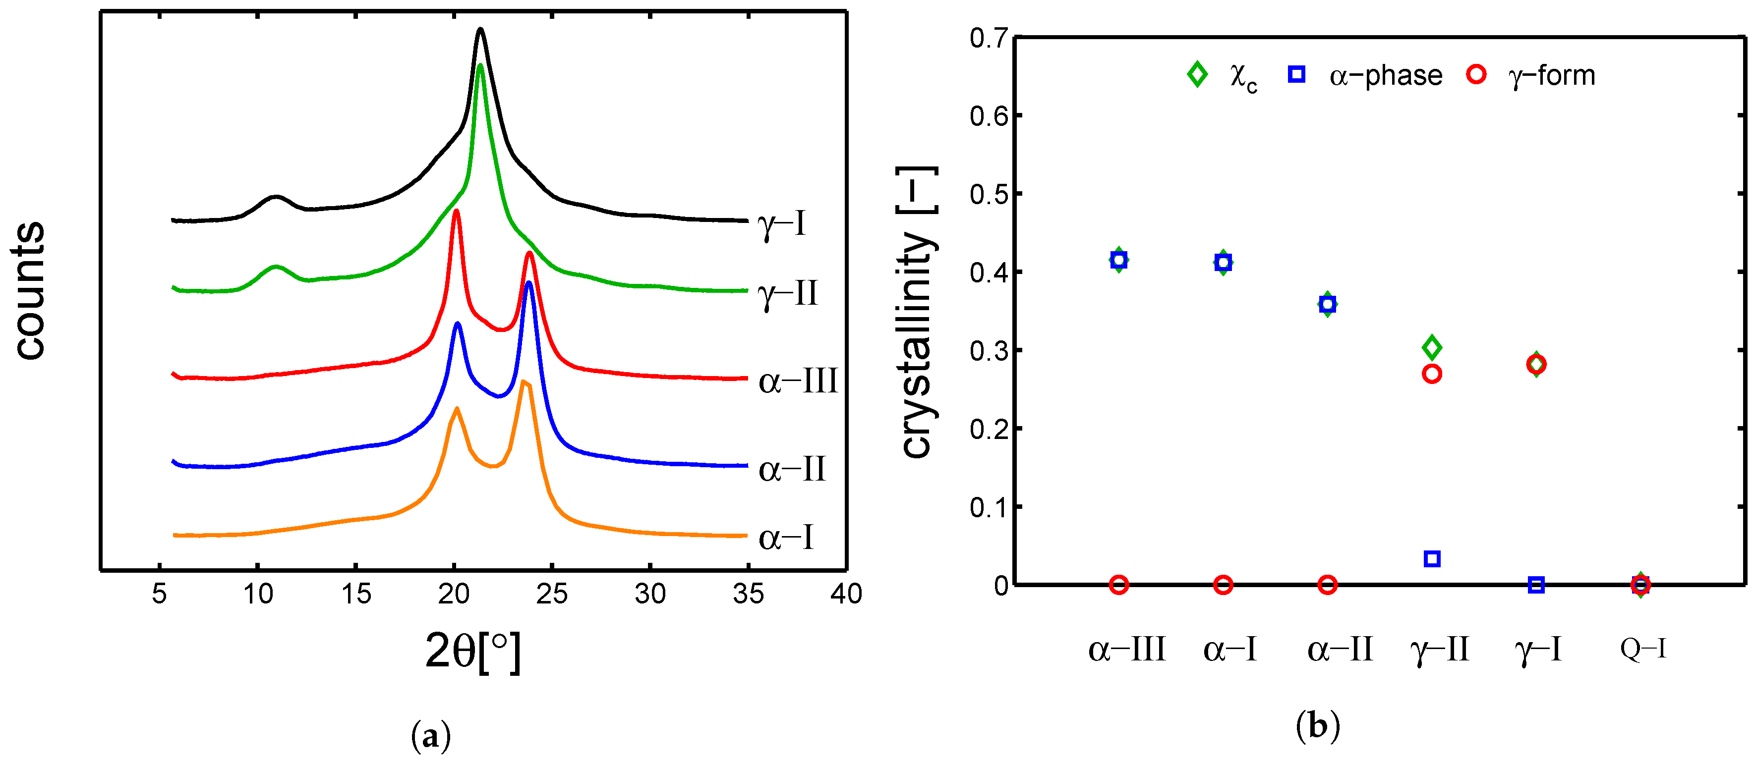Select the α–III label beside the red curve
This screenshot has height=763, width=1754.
pos(797,381)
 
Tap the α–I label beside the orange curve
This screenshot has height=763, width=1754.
pos(786,538)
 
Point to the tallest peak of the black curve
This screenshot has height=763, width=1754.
pos(481,29)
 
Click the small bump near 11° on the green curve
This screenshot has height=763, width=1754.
pos(276,267)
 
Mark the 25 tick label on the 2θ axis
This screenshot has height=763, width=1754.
pos(551,594)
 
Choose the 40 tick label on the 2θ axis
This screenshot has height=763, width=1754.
pos(846,594)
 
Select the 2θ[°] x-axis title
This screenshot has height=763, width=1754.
pos(472,652)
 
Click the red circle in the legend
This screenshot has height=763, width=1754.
pos(1475,74)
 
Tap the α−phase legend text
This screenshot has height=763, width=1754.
pos(1385,75)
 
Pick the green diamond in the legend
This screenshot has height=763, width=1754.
pos(1197,74)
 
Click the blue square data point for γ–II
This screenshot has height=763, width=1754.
pos(1432,559)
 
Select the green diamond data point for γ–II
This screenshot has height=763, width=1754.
pos(1432,348)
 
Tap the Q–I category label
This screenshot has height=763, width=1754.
pos(1643,649)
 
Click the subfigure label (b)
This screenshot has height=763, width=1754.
pos(1318,726)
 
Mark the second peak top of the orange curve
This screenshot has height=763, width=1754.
pos(523,382)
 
